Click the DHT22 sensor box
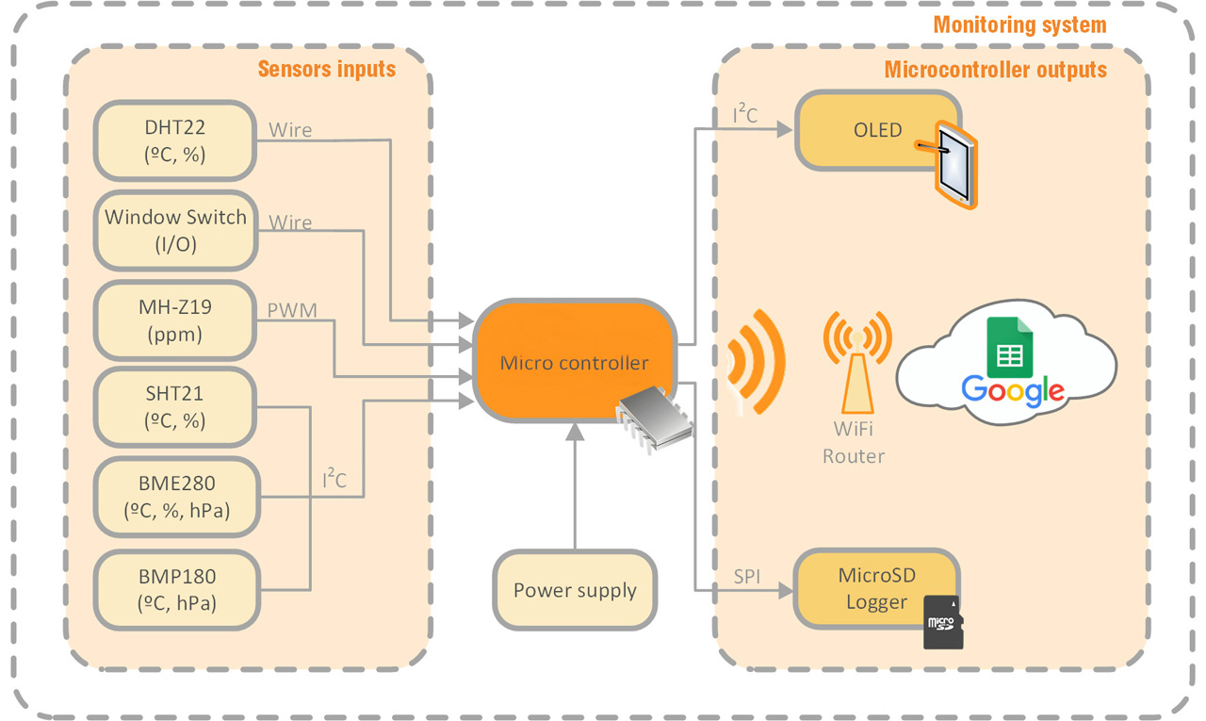[174, 140]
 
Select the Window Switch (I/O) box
[174, 231]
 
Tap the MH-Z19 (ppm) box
[174, 320]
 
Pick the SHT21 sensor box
[174, 407]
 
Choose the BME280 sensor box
[174, 497]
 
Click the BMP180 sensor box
[174, 589]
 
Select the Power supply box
[575, 591]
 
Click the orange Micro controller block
[574, 361]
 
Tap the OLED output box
[867, 131]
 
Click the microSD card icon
[943, 622]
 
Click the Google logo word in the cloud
[1013, 389]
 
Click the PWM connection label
[291, 309]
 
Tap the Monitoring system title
[1019, 25]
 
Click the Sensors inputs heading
[326, 69]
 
